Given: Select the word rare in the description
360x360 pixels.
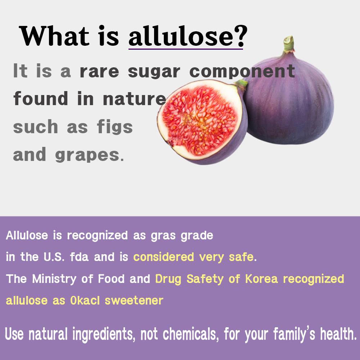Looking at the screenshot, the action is click(x=99, y=72).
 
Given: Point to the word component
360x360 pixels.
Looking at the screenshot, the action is click(x=242, y=71).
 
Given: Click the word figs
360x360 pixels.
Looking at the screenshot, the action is click(x=115, y=127).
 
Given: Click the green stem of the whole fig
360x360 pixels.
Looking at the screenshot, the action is click(x=289, y=44).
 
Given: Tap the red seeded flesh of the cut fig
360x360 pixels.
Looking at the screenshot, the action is click(x=200, y=121).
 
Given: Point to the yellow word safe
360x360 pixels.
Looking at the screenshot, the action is click(x=241, y=257).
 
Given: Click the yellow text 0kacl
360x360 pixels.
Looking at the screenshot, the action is click(x=85, y=300).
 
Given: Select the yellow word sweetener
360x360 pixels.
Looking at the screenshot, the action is click(x=134, y=301).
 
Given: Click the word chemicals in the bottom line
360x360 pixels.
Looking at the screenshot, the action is click(x=190, y=334).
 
